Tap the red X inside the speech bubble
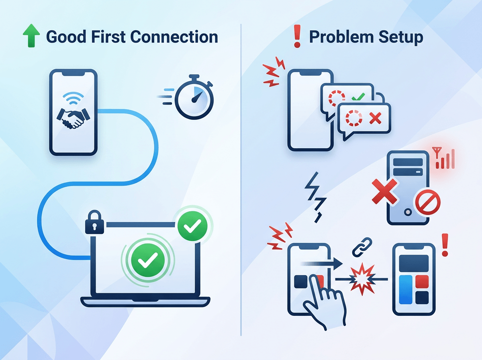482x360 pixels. tap(375, 118)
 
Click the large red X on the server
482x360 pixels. tap(385, 191)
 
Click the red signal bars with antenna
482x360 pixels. tap(444, 158)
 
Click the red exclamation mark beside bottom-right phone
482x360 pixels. tap(444, 246)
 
